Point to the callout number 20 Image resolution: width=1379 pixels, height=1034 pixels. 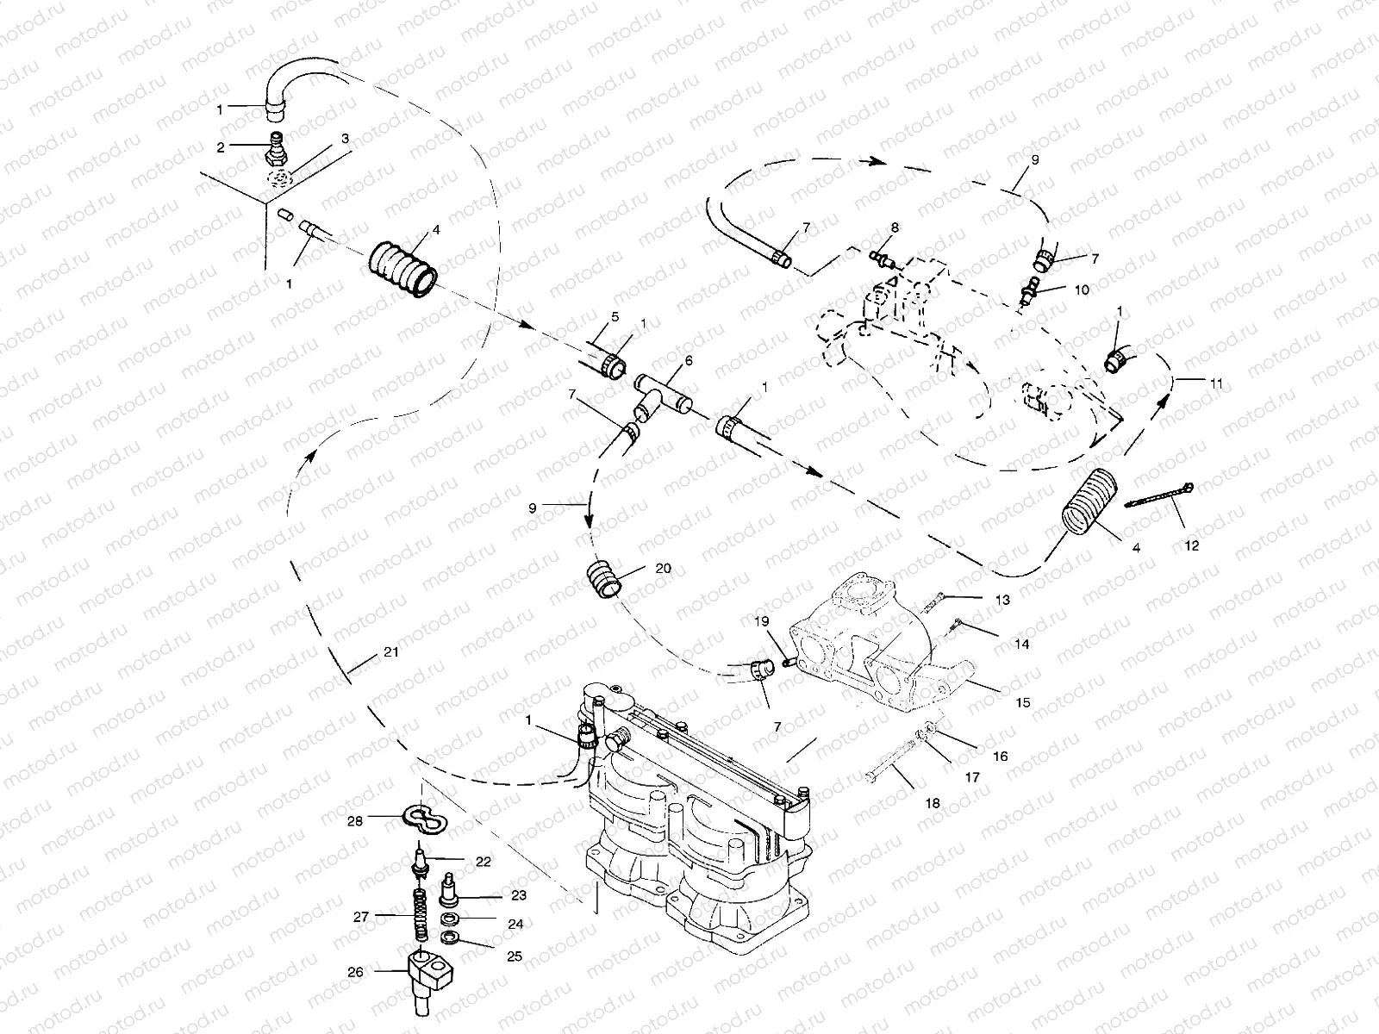664,569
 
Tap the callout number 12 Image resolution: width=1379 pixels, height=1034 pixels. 1192,545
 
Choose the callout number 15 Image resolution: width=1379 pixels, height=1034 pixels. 1022,703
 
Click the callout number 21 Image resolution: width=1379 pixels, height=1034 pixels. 390,652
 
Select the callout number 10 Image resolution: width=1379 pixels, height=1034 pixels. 1082,290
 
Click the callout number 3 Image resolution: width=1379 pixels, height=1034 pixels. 345,138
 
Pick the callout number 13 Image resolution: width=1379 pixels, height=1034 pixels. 1001,598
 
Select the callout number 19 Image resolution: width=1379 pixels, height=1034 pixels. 761,621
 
